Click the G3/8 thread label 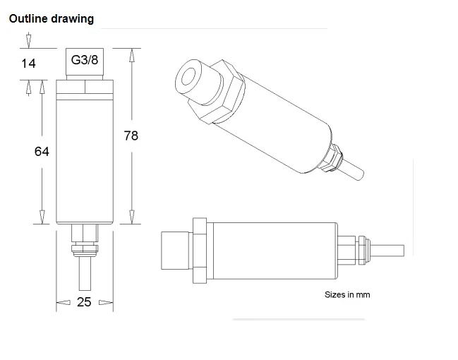pos(85,60)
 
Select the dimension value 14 pos(28,64)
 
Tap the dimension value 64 pos(42,151)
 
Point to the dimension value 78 pos(131,136)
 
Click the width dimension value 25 pos(84,302)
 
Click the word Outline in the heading pos(28,18)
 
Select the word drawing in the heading pos(73,19)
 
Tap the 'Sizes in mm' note pos(347,294)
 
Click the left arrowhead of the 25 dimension pos(63,302)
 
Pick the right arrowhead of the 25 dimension pos(106,302)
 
